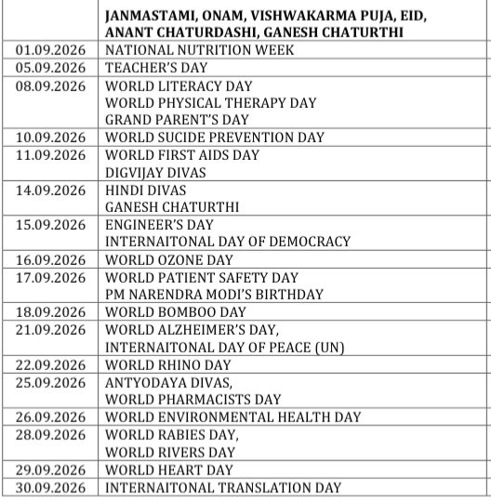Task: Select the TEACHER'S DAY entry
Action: coord(157,68)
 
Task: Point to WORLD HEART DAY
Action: coord(166,469)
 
